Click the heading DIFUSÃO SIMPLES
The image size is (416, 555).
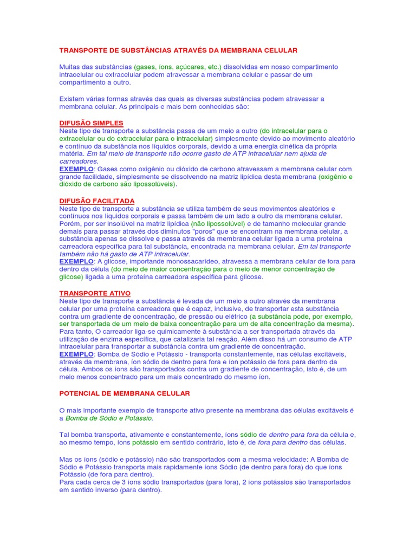click(x=91, y=123)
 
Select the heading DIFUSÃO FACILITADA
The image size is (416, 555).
click(x=97, y=201)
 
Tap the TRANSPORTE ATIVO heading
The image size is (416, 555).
click(x=95, y=293)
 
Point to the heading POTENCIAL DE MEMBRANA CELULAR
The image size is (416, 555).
click(x=125, y=393)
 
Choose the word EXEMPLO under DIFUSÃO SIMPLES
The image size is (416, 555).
click(x=76, y=169)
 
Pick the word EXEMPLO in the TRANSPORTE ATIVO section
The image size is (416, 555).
click(x=76, y=354)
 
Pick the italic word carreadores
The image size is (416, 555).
click(x=79, y=161)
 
